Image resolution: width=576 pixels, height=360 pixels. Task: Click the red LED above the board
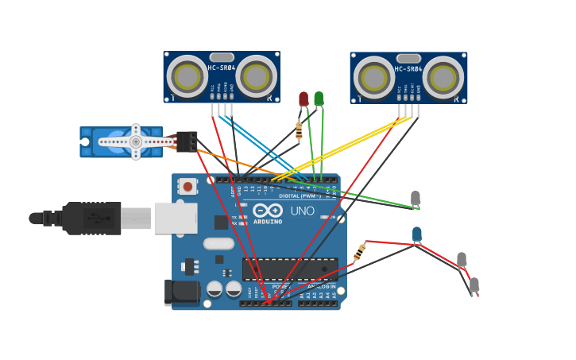coord(303,99)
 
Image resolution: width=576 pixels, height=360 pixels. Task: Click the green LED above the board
coord(319,99)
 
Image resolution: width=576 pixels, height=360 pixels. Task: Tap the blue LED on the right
coord(417,234)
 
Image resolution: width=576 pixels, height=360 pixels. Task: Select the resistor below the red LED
coord(299,130)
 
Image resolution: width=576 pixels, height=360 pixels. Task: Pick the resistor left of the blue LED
coord(360,253)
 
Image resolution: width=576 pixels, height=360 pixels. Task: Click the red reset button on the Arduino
coord(187,187)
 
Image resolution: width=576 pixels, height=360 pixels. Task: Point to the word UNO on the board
coord(302,211)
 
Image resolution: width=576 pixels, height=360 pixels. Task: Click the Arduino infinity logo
coord(268,211)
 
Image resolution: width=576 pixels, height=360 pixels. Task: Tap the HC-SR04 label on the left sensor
coord(222,68)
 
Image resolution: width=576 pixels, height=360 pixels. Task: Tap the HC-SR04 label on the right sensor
coord(408,69)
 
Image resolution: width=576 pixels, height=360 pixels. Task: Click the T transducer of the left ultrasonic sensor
coord(187,76)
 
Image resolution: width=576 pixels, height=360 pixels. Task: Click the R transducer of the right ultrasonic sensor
coord(443,78)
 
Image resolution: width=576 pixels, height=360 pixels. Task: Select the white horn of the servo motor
coord(136,141)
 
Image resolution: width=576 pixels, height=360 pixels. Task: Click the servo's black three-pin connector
coord(187,141)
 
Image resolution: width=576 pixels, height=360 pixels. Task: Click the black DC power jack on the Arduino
coord(182,292)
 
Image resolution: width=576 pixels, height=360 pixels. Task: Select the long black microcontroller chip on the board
coord(289,269)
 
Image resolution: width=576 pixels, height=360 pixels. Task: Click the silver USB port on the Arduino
coord(176,218)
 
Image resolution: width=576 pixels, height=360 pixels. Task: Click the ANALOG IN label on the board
coord(321,286)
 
